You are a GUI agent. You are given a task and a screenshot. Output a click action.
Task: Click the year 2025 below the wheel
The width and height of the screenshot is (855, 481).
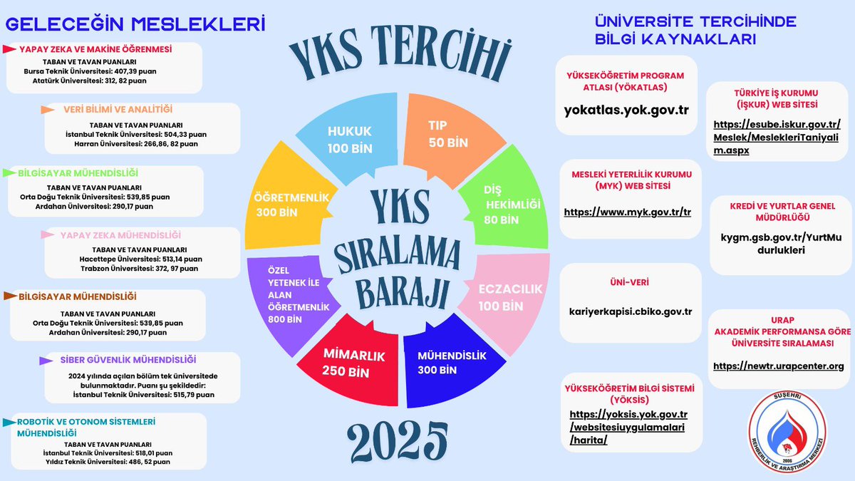point(400,441)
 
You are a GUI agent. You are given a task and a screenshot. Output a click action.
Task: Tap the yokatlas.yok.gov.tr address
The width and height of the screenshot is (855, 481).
point(626,110)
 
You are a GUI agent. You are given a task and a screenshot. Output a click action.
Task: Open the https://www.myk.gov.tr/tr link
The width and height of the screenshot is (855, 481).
point(628,212)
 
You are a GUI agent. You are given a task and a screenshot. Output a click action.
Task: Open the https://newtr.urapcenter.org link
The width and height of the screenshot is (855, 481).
point(778,366)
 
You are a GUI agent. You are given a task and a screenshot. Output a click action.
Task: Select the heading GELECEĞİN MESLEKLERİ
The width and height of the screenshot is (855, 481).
point(135,24)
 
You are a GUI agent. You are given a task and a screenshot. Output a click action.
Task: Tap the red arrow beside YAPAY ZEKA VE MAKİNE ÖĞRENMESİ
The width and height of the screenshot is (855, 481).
point(10,49)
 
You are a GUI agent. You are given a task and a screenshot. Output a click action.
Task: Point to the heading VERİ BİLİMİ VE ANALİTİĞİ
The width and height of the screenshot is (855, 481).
point(117,109)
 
